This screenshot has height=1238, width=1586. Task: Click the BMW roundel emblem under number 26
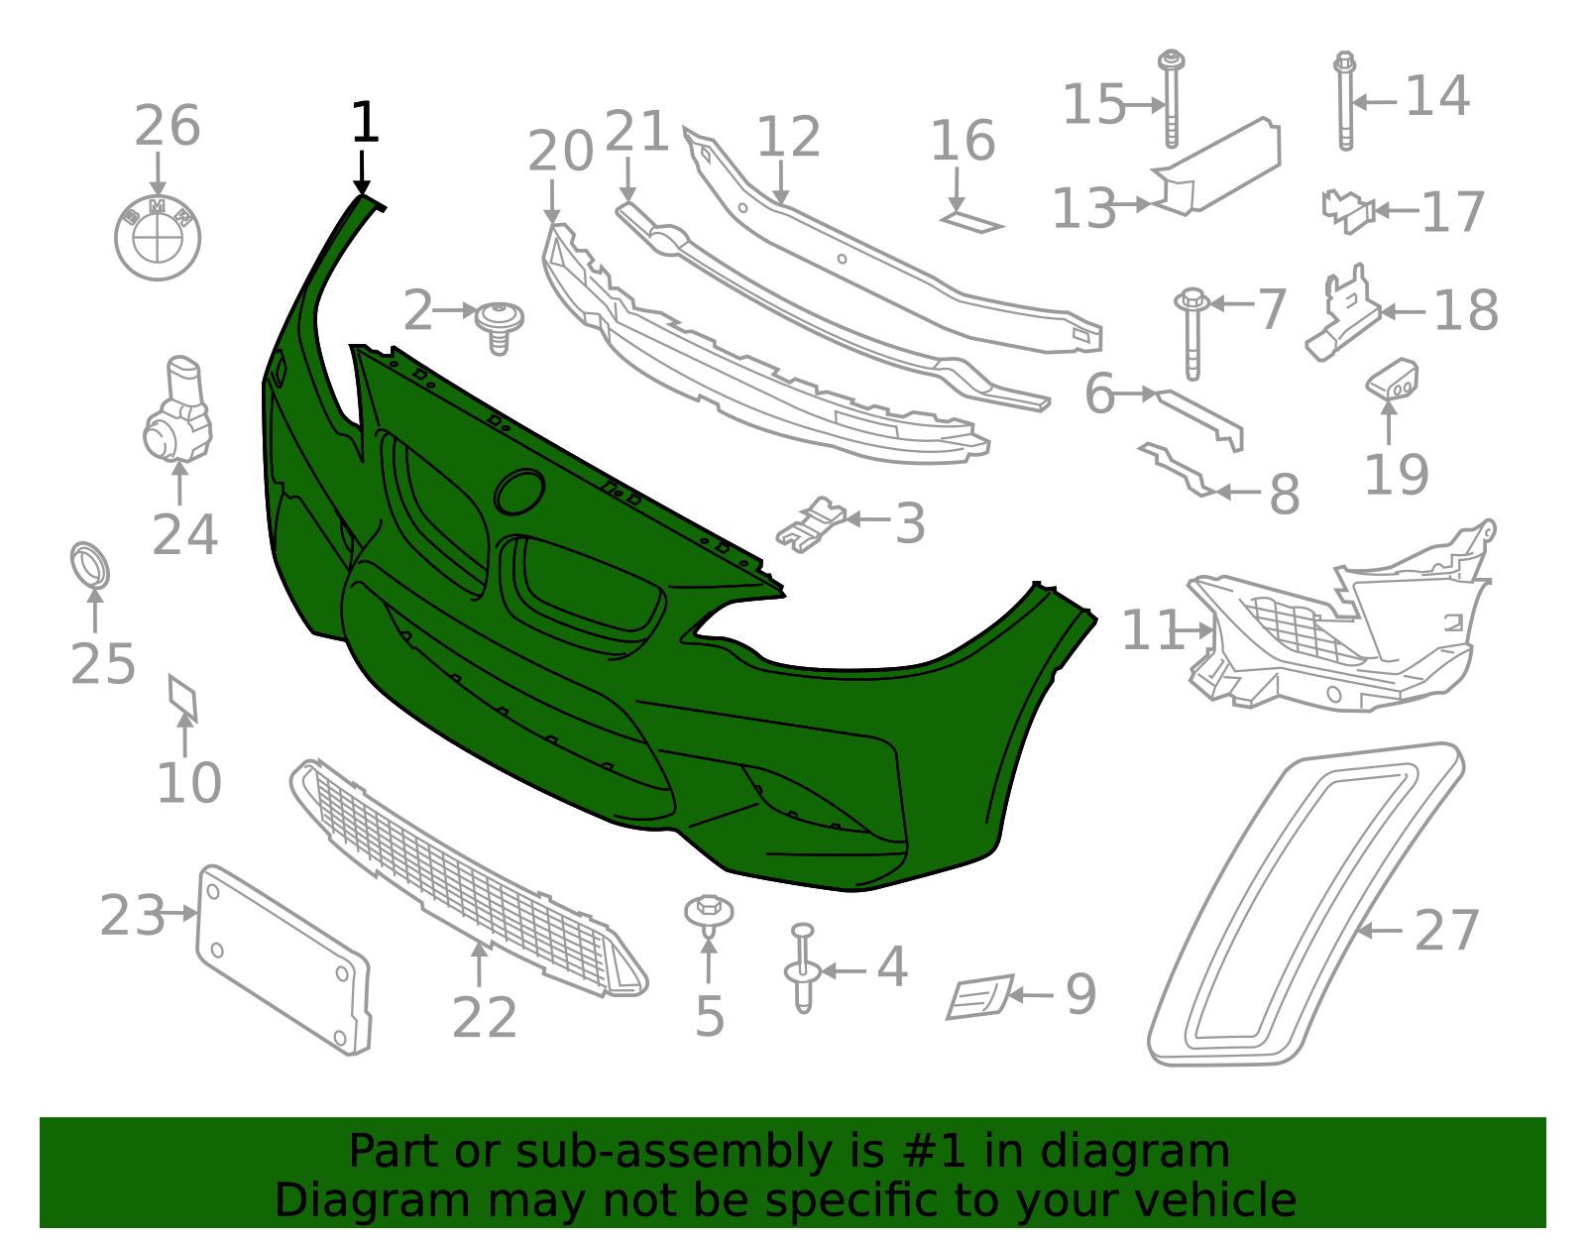pyautogui.click(x=158, y=239)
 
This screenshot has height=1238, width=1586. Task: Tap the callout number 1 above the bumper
pyautogui.click(x=365, y=122)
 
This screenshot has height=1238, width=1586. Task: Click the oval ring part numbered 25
pyautogui.click(x=90, y=565)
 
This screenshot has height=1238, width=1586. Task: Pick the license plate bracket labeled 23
pyautogui.click(x=283, y=960)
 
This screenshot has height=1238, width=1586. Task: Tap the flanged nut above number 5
pyautogui.click(x=709, y=916)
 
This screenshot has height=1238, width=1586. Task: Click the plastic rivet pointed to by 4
pyautogui.click(x=803, y=968)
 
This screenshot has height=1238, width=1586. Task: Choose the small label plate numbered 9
pyautogui.click(x=980, y=996)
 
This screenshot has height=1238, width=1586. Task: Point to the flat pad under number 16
pyautogui.click(x=972, y=222)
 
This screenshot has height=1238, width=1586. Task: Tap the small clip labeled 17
pyautogui.click(x=1348, y=211)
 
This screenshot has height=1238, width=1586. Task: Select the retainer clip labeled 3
pyautogui.click(x=811, y=524)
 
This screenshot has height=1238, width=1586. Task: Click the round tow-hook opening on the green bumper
pyautogui.click(x=519, y=491)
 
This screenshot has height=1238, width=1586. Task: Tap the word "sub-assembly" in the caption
pyautogui.click(x=674, y=1151)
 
